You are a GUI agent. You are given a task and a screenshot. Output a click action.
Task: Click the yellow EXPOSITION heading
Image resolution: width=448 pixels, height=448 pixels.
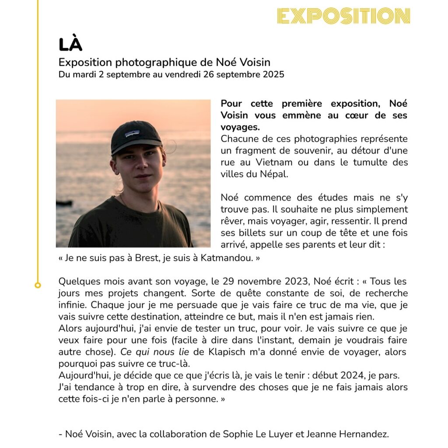(343, 16)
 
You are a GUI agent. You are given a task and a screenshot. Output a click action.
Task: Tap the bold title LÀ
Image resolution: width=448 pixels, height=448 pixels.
(70, 45)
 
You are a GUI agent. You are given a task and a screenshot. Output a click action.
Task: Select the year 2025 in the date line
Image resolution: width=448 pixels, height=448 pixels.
(273, 74)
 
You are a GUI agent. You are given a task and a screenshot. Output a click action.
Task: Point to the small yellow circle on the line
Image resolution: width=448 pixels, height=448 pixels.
(38, 285)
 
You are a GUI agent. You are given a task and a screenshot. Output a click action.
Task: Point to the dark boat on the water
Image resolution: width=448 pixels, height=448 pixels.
(64, 203)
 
